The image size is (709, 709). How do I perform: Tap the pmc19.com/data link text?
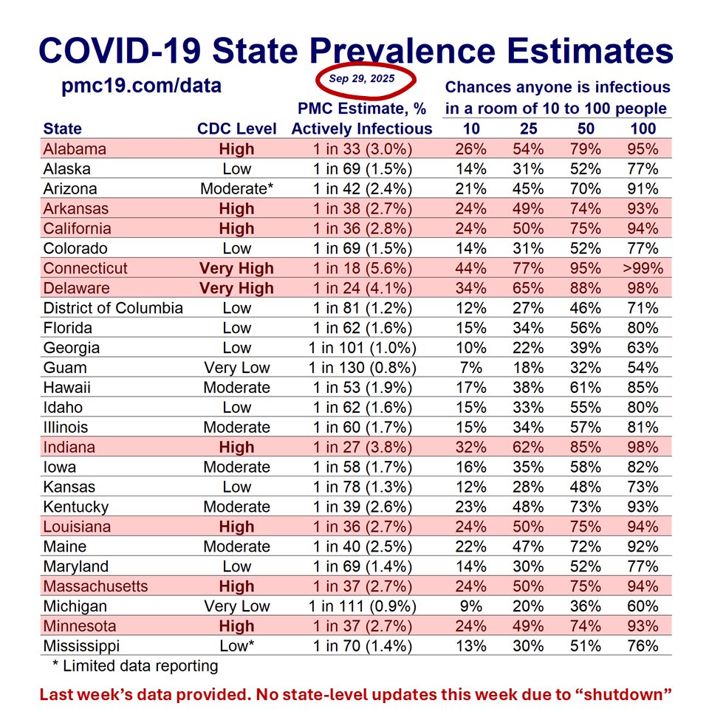(141, 86)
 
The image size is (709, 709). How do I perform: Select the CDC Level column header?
(236, 129)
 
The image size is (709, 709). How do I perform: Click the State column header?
(63, 129)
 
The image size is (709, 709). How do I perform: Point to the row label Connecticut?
(86, 268)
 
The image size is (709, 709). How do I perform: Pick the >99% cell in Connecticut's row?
(643, 268)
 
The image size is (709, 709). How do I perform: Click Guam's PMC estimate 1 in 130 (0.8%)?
(362, 368)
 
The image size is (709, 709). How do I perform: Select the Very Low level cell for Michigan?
(236, 606)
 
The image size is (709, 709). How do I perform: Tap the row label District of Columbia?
(113, 308)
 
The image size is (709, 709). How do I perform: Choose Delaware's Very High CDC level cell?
(236, 288)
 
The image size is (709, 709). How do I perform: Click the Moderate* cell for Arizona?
(236, 188)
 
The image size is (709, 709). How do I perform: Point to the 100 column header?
(643, 129)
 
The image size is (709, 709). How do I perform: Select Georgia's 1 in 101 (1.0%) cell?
(362, 348)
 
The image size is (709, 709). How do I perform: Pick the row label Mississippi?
(82, 646)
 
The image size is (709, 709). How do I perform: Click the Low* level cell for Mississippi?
(236, 646)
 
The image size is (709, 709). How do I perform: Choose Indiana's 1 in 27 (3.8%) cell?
(362, 447)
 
